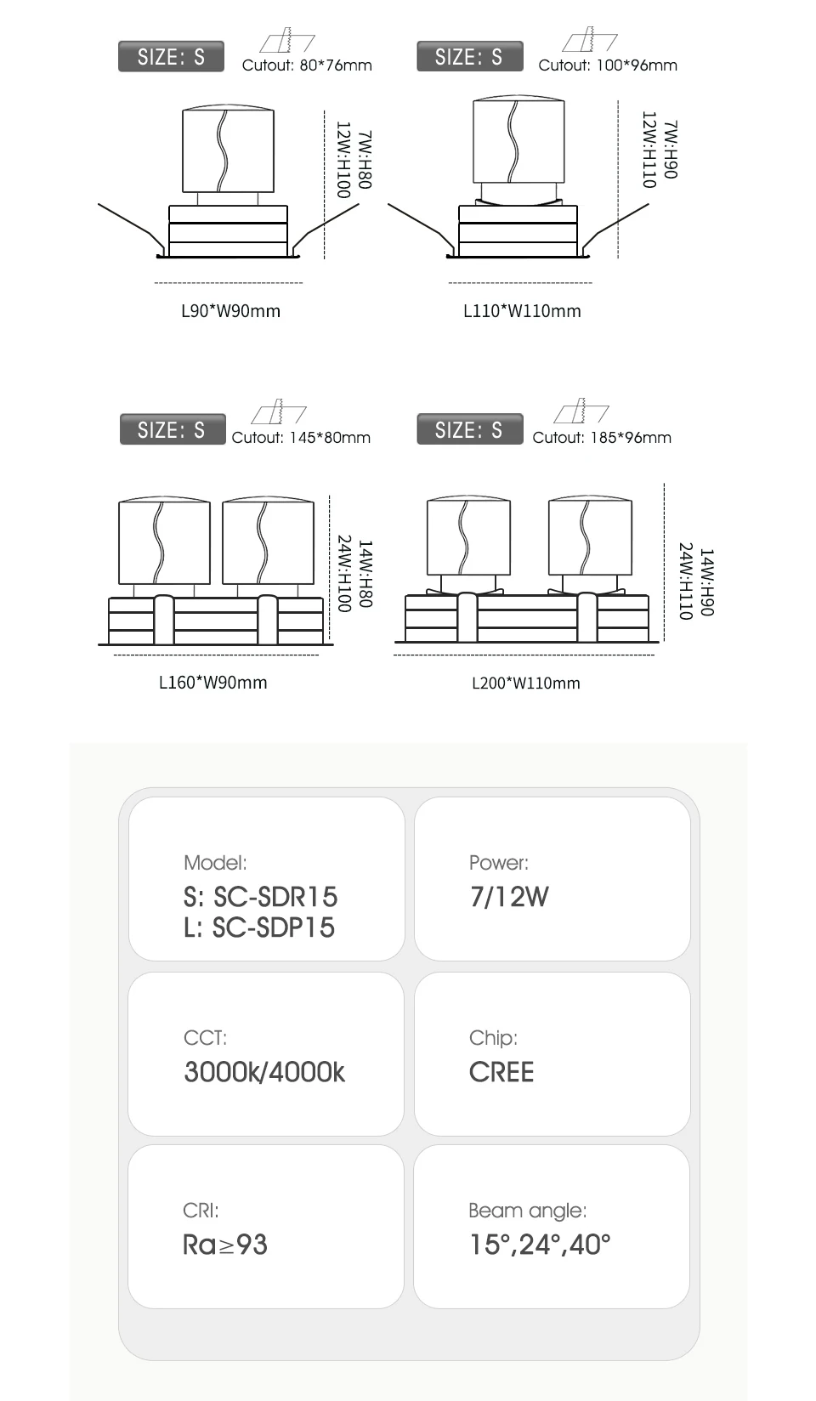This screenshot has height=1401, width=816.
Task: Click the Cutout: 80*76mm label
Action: tap(307, 65)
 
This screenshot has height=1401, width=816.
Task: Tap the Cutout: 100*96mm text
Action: tap(608, 65)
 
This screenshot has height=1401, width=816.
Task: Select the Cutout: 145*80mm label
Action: tap(301, 438)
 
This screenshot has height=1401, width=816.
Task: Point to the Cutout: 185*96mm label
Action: tap(602, 438)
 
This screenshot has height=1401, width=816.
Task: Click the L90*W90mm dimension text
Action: tap(230, 311)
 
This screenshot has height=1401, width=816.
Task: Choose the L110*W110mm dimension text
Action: tap(522, 311)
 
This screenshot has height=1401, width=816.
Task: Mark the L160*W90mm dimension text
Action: tap(212, 683)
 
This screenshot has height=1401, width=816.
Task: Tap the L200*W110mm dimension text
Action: tap(525, 683)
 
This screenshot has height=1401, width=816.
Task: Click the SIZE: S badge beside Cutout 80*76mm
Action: tap(171, 57)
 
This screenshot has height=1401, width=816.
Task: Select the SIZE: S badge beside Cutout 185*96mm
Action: tap(469, 430)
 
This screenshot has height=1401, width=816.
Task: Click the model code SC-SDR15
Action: tap(275, 897)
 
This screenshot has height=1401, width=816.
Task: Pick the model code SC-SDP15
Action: tap(274, 927)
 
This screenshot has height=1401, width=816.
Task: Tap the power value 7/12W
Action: tap(509, 897)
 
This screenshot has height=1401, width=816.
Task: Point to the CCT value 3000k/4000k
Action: tap(264, 1072)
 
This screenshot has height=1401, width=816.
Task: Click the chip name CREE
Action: tap(501, 1072)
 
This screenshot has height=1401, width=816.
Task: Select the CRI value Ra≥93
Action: tap(225, 1245)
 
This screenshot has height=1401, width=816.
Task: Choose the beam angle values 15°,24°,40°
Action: tap(540, 1245)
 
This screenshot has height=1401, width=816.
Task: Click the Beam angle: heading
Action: tap(527, 1211)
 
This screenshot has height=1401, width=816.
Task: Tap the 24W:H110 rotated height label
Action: tap(686, 581)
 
